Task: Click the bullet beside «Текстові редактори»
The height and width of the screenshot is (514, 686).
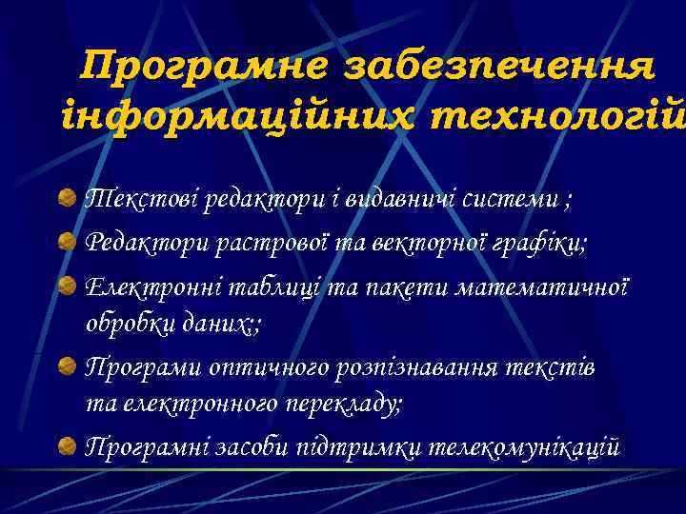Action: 68,200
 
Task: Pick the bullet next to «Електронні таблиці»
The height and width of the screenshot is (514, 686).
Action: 68,286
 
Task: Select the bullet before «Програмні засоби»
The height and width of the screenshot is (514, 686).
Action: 68,445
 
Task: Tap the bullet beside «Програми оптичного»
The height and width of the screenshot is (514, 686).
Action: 68,366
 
